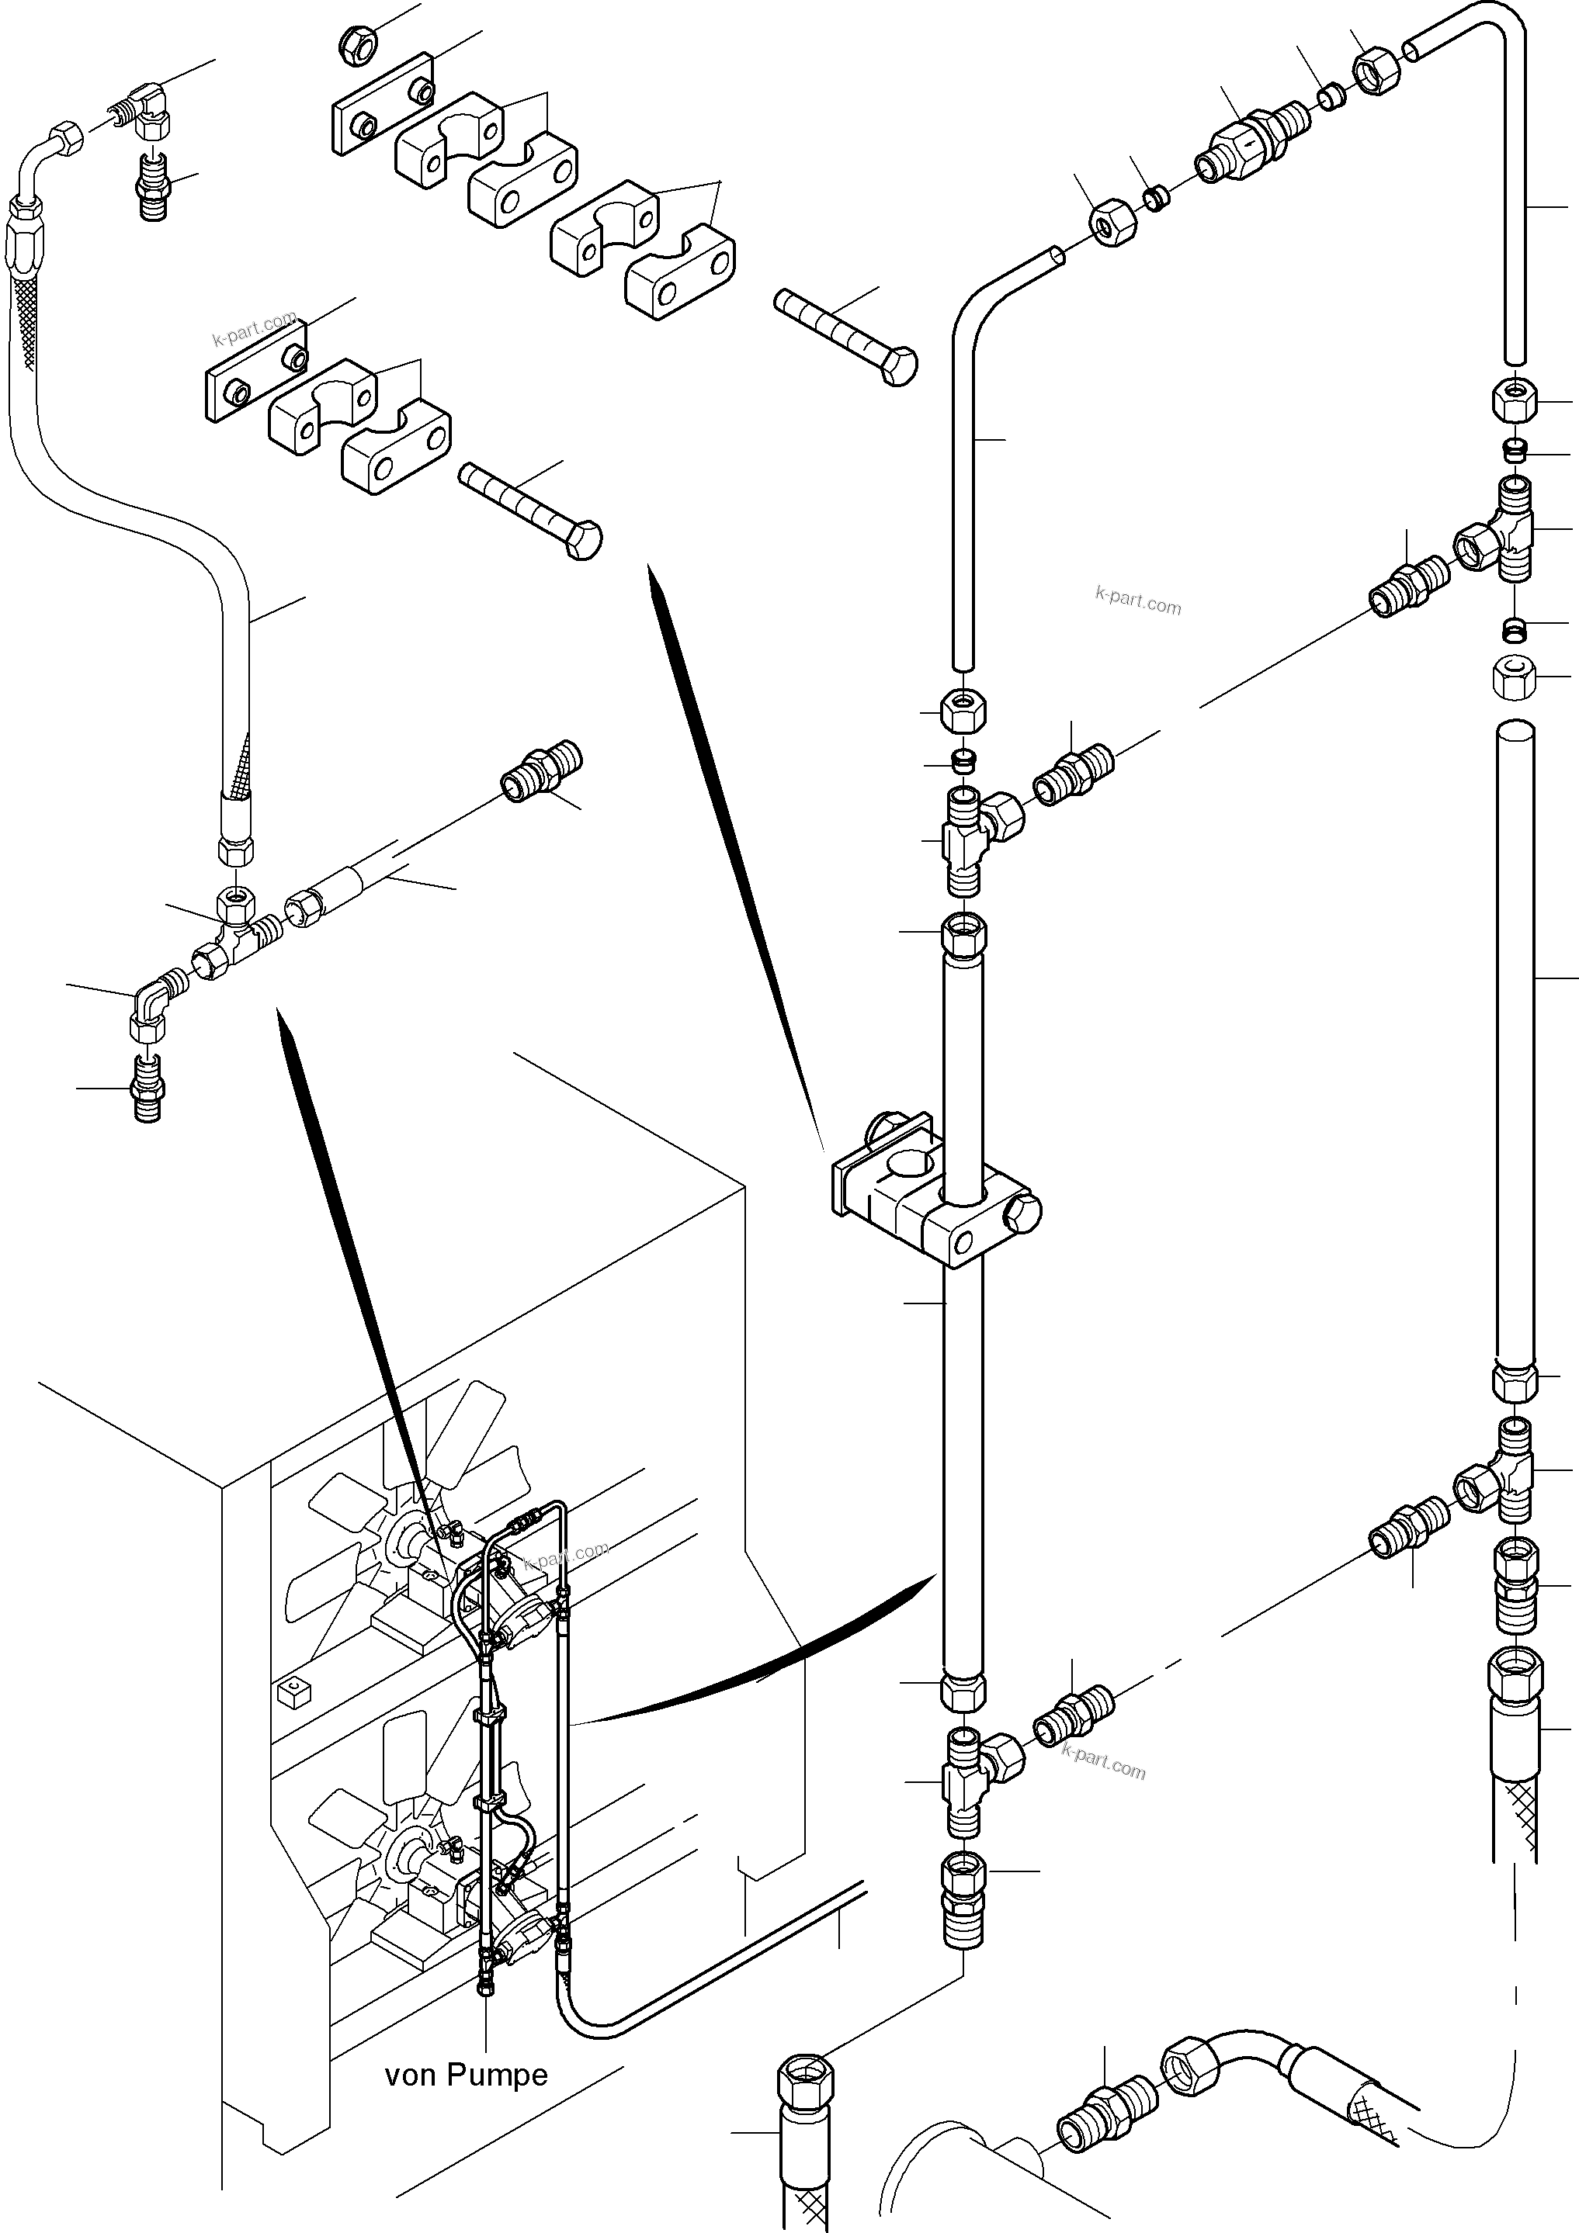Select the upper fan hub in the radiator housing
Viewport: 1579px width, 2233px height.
[x=400, y=1563]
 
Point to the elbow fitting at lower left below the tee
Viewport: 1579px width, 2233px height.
[x=150, y=1012]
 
